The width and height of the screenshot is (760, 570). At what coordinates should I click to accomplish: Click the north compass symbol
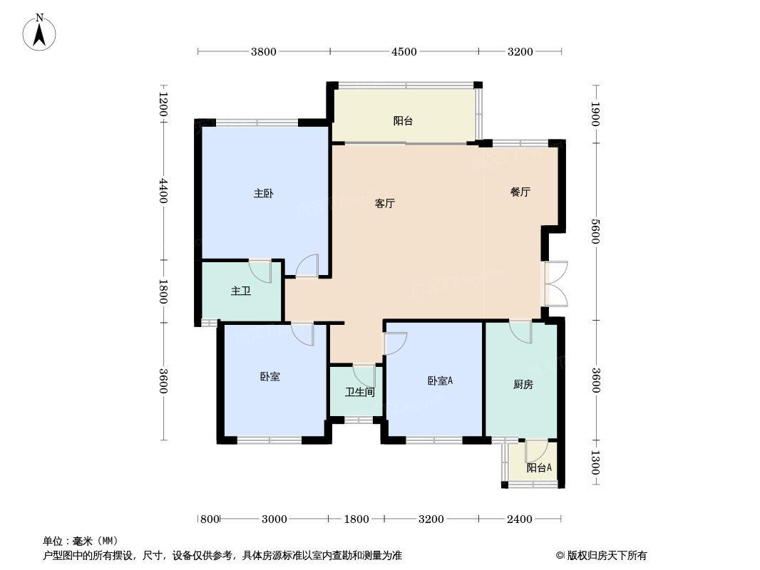pyautogui.click(x=40, y=31)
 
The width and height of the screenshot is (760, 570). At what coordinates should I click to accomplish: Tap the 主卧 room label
pyautogui.click(x=264, y=193)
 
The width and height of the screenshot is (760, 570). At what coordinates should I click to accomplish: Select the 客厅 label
pyautogui.click(x=385, y=203)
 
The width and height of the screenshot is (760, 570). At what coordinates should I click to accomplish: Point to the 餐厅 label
pyautogui.click(x=520, y=192)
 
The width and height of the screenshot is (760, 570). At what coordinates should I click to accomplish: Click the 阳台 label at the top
pyautogui.click(x=404, y=120)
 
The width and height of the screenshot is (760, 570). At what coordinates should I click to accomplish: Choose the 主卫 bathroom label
pyautogui.click(x=240, y=291)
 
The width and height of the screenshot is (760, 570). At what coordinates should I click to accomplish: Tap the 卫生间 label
pyautogui.click(x=360, y=392)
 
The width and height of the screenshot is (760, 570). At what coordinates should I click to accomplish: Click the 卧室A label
pyautogui.click(x=440, y=381)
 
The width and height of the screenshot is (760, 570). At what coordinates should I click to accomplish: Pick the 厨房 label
pyautogui.click(x=523, y=385)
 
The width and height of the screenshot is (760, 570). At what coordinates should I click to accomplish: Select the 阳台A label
pyautogui.click(x=539, y=468)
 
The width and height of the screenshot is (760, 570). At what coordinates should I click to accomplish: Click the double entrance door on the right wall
pyautogui.click(x=556, y=284)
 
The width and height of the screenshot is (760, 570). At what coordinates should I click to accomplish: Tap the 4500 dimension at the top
pyautogui.click(x=404, y=51)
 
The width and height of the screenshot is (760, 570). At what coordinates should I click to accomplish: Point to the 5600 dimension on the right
pyautogui.click(x=595, y=231)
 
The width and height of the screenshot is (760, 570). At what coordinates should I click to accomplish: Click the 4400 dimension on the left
pyautogui.click(x=163, y=191)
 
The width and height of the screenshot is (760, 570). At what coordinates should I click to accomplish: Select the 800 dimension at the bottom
pyautogui.click(x=209, y=519)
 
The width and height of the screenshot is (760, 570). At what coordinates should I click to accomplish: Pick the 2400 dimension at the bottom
pyautogui.click(x=520, y=519)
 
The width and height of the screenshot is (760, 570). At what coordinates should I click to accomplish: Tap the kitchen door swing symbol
pyautogui.click(x=521, y=331)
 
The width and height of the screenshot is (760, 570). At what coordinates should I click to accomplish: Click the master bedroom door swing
pyautogui.click(x=308, y=266)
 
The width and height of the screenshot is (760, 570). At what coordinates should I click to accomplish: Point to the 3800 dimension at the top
pyautogui.click(x=263, y=51)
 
